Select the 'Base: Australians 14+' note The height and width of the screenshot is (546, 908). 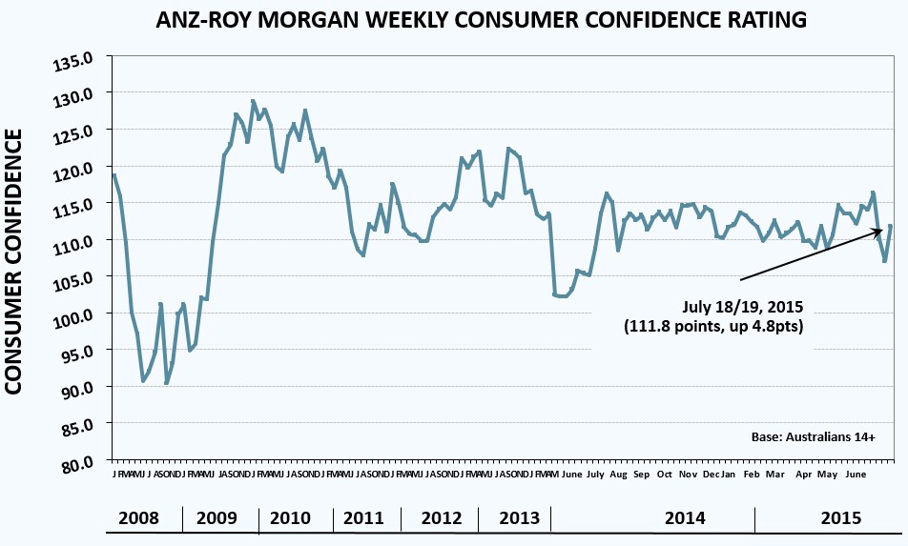click(x=814, y=437)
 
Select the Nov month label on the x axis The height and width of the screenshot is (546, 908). click(x=688, y=475)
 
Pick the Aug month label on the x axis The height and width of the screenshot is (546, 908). click(x=617, y=475)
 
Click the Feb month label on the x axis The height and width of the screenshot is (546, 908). click(x=752, y=475)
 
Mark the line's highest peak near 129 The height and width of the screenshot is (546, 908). click(x=253, y=101)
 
